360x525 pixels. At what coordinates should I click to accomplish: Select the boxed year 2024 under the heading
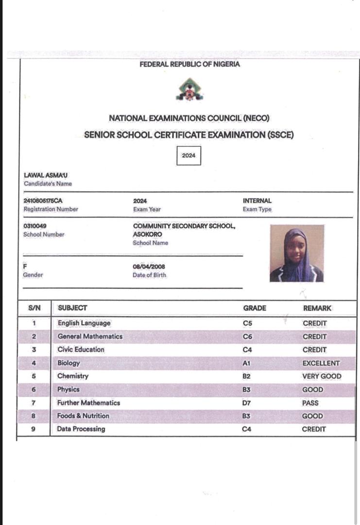(x=189, y=156)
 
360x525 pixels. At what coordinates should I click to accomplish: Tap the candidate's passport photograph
(x=296, y=253)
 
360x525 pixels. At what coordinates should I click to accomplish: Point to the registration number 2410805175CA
(x=43, y=201)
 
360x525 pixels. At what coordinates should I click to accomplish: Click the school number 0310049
(x=35, y=226)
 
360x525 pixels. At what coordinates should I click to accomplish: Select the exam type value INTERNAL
(x=257, y=201)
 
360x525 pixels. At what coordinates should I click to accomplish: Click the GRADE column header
(x=255, y=308)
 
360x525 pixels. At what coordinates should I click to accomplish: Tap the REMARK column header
(x=317, y=308)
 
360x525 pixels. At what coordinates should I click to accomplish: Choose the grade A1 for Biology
(x=247, y=363)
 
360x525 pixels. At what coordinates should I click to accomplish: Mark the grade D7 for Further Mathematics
(x=248, y=403)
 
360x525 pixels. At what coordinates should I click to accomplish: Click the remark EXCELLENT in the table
(x=321, y=363)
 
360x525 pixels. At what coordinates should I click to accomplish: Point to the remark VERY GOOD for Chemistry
(x=322, y=376)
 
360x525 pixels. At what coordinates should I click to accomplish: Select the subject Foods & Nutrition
(x=83, y=416)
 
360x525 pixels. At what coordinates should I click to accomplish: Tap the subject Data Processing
(x=81, y=429)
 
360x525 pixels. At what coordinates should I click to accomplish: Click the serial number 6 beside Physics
(x=34, y=390)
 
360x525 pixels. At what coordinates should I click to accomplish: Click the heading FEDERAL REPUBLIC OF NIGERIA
(x=189, y=64)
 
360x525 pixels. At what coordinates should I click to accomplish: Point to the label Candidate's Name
(x=48, y=184)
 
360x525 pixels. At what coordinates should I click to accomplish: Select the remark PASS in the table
(x=310, y=403)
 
